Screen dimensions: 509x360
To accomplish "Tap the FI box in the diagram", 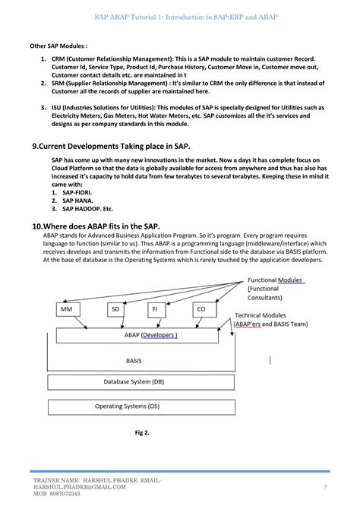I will point(154,309).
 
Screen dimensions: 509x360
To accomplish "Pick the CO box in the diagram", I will point(201,309).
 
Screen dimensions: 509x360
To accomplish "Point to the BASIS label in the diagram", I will point(134,361).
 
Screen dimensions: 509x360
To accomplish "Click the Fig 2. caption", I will point(141,433).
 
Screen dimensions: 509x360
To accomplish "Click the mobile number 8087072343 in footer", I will point(71,493).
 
